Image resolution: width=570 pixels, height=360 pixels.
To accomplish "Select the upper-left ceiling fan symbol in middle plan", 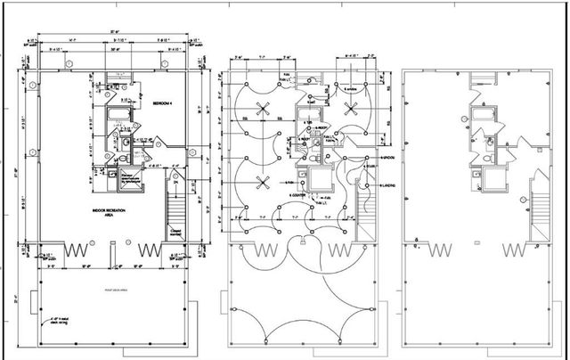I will (x=262, y=110).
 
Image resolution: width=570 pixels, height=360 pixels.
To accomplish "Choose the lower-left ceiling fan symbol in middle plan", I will (x=262, y=185).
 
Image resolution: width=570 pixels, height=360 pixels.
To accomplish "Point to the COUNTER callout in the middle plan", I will (x=297, y=194).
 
